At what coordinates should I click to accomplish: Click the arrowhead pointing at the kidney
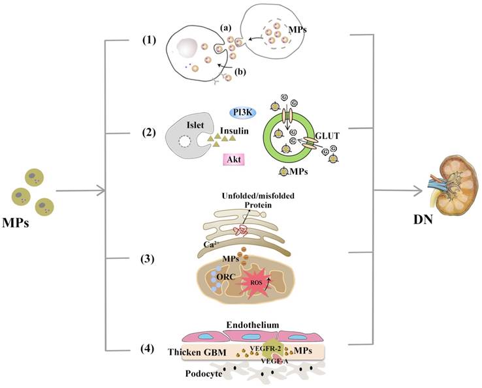(x=417, y=190)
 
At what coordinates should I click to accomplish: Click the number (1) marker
(x=150, y=40)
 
